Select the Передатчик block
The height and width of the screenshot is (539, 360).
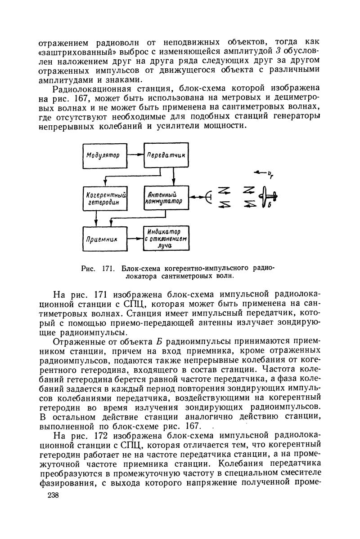tap(166, 155)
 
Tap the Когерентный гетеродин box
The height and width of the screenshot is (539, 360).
tap(104, 198)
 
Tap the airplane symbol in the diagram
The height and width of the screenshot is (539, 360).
tap(270, 196)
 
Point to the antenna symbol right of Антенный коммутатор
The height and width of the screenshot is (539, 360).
tap(207, 197)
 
